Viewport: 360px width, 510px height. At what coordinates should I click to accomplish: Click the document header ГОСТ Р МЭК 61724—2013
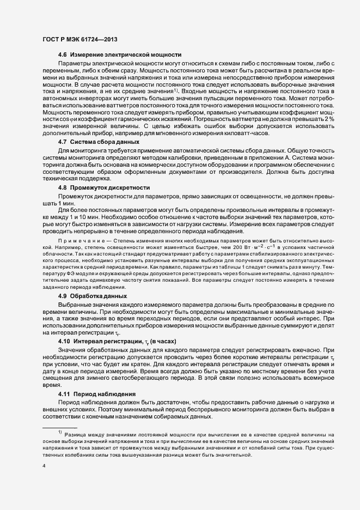click(80, 40)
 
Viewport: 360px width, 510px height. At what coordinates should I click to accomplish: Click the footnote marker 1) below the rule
click(60, 432)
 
